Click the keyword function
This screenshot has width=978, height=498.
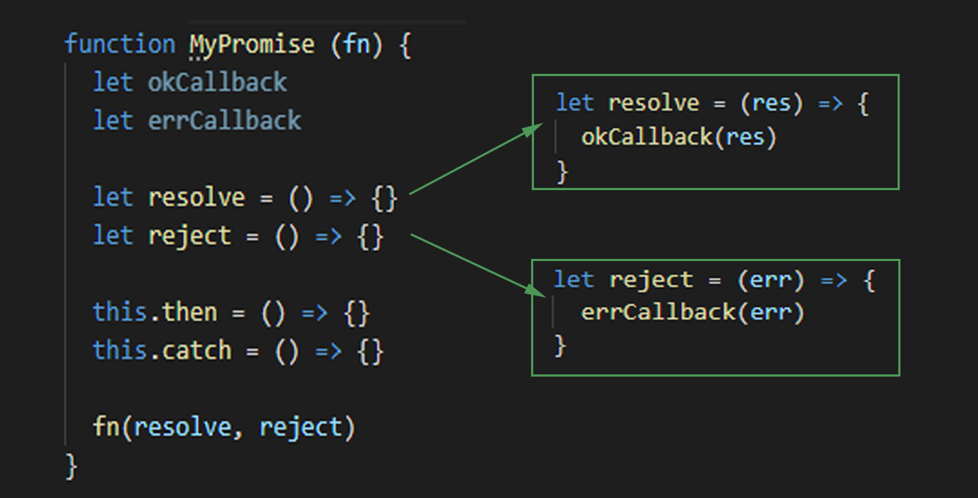pyautogui.click(x=120, y=45)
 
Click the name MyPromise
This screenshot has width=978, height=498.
pyautogui.click(x=252, y=45)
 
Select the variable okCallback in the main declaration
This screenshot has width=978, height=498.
pyautogui.click(x=217, y=83)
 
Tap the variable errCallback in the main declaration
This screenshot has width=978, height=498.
pyautogui.click(x=224, y=121)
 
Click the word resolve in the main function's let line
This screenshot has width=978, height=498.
pyautogui.click(x=196, y=197)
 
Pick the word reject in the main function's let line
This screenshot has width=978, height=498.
pyautogui.click(x=189, y=236)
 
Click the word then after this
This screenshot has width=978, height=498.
pyautogui.click(x=190, y=313)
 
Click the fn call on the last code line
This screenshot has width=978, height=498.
pyautogui.click(x=107, y=427)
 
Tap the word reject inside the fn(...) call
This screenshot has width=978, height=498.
pyautogui.click(x=301, y=427)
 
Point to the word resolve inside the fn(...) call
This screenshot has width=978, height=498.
pyautogui.click(x=182, y=427)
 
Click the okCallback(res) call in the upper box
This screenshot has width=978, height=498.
pyautogui.click(x=678, y=137)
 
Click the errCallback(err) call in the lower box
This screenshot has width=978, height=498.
pyautogui.click(x=692, y=313)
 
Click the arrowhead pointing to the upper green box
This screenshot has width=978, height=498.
pyautogui.click(x=533, y=130)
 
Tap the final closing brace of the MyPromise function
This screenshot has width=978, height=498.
pyautogui.click(x=71, y=466)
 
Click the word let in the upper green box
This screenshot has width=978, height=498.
pyautogui.click(x=574, y=103)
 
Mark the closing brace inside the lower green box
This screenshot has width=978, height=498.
pyautogui.click(x=560, y=345)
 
